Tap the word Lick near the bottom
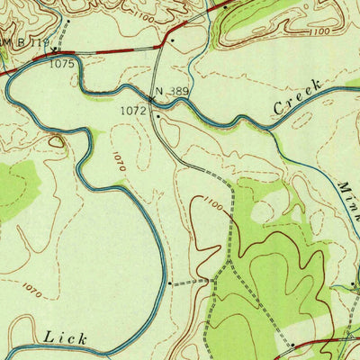pyautogui.click(x=67, y=338)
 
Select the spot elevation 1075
pyautogui.click(x=61, y=64)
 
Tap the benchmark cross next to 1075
pyautogui.click(x=54, y=52)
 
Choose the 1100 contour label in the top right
pyautogui.click(x=319, y=32)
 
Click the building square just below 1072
pyautogui.click(x=157, y=116)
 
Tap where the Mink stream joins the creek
pyautogui.click(x=270, y=132)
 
